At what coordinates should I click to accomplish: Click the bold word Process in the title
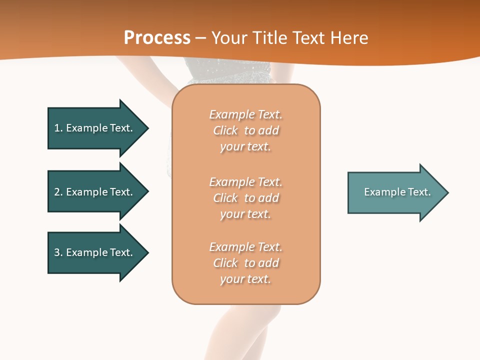click(x=157, y=38)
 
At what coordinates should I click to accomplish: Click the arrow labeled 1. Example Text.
click(x=95, y=128)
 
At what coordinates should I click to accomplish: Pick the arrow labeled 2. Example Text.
click(x=95, y=192)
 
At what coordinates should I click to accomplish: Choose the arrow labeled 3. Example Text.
click(x=95, y=252)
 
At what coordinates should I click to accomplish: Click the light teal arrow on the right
click(x=395, y=192)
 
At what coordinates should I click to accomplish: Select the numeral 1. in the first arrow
click(x=58, y=128)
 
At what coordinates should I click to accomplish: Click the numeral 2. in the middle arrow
click(x=58, y=192)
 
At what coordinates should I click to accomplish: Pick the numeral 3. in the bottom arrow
click(x=58, y=252)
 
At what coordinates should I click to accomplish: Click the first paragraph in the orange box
click(x=246, y=130)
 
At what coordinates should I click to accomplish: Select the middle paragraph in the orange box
click(x=246, y=198)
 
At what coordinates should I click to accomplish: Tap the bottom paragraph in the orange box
click(x=246, y=263)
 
